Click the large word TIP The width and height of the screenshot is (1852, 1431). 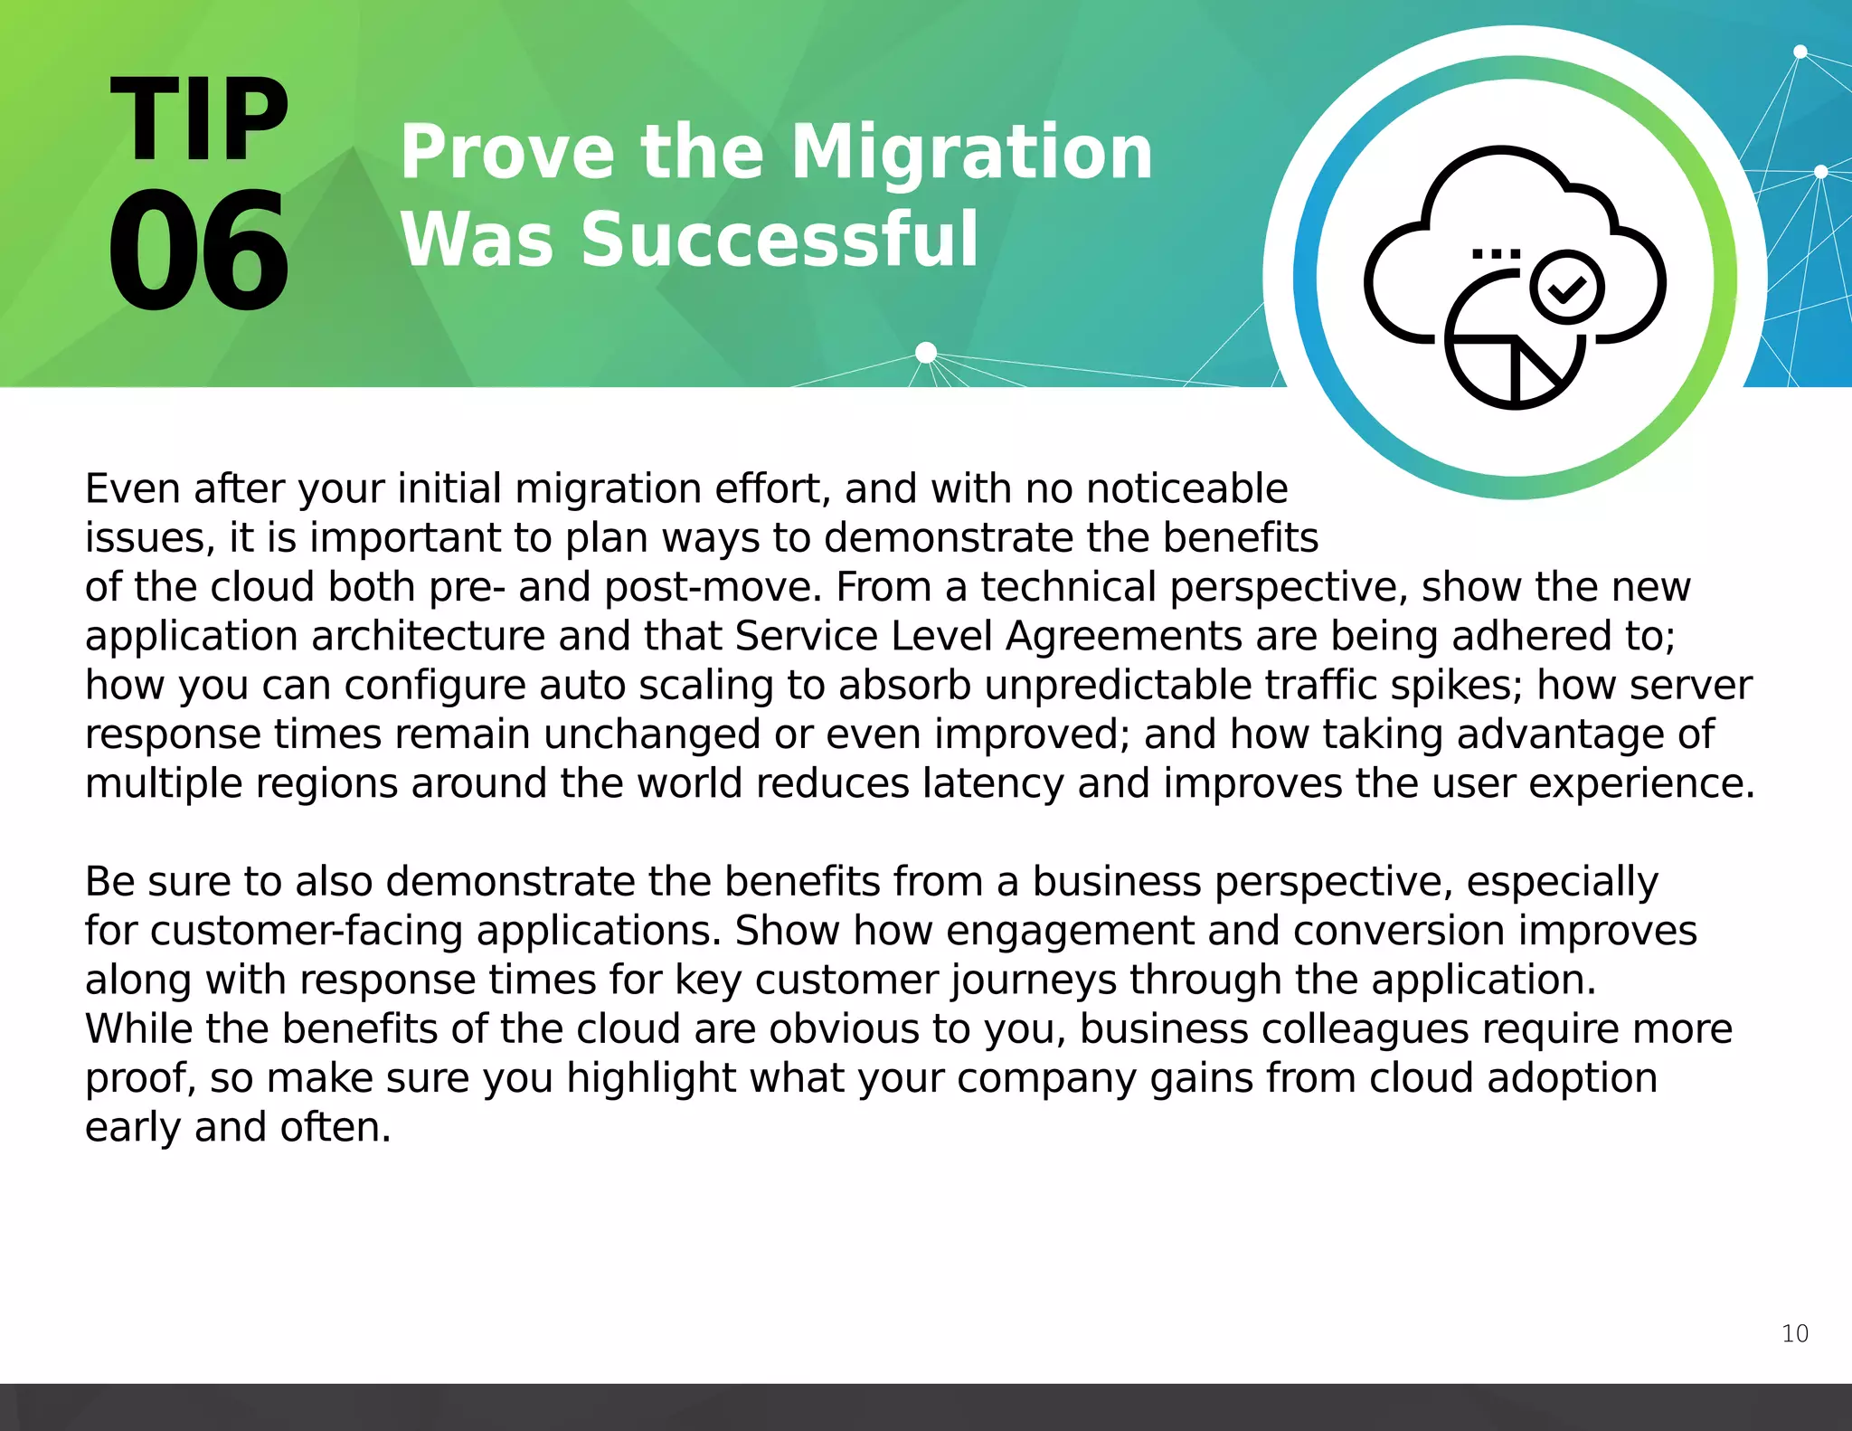pyautogui.click(x=199, y=120)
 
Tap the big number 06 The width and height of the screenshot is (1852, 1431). pyautogui.click(x=199, y=251)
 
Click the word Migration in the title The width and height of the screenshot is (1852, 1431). pyautogui.click(x=971, y=154)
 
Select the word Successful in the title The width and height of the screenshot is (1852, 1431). pyautogui.click(x=780, y=240)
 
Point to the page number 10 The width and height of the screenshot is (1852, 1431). pyautogui.click(x=1794, y=1333)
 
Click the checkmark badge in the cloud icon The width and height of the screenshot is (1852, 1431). pyautogui.click(x=1566, y=288)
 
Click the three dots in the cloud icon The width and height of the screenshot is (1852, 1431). pyautogui.click(x=1496, y=254)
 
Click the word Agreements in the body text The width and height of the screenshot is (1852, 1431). pyautogui.click(x=1123, y=636)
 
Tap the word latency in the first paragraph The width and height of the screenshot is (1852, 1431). pyautogui.click(x=993, y=783)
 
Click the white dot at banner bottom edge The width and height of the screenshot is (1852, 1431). pyautogui.click(x=926, y=352)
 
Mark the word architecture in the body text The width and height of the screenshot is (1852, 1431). pyautogui.click(x=428, y=636)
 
